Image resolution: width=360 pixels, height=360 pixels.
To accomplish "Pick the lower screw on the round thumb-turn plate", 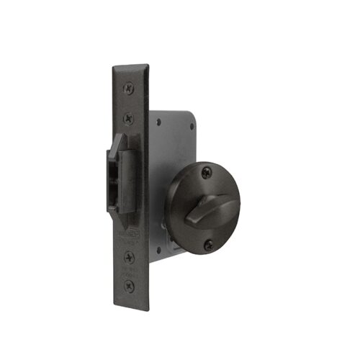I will [208, 245].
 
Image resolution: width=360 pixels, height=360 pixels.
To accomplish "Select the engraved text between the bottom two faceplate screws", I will [130, 270].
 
